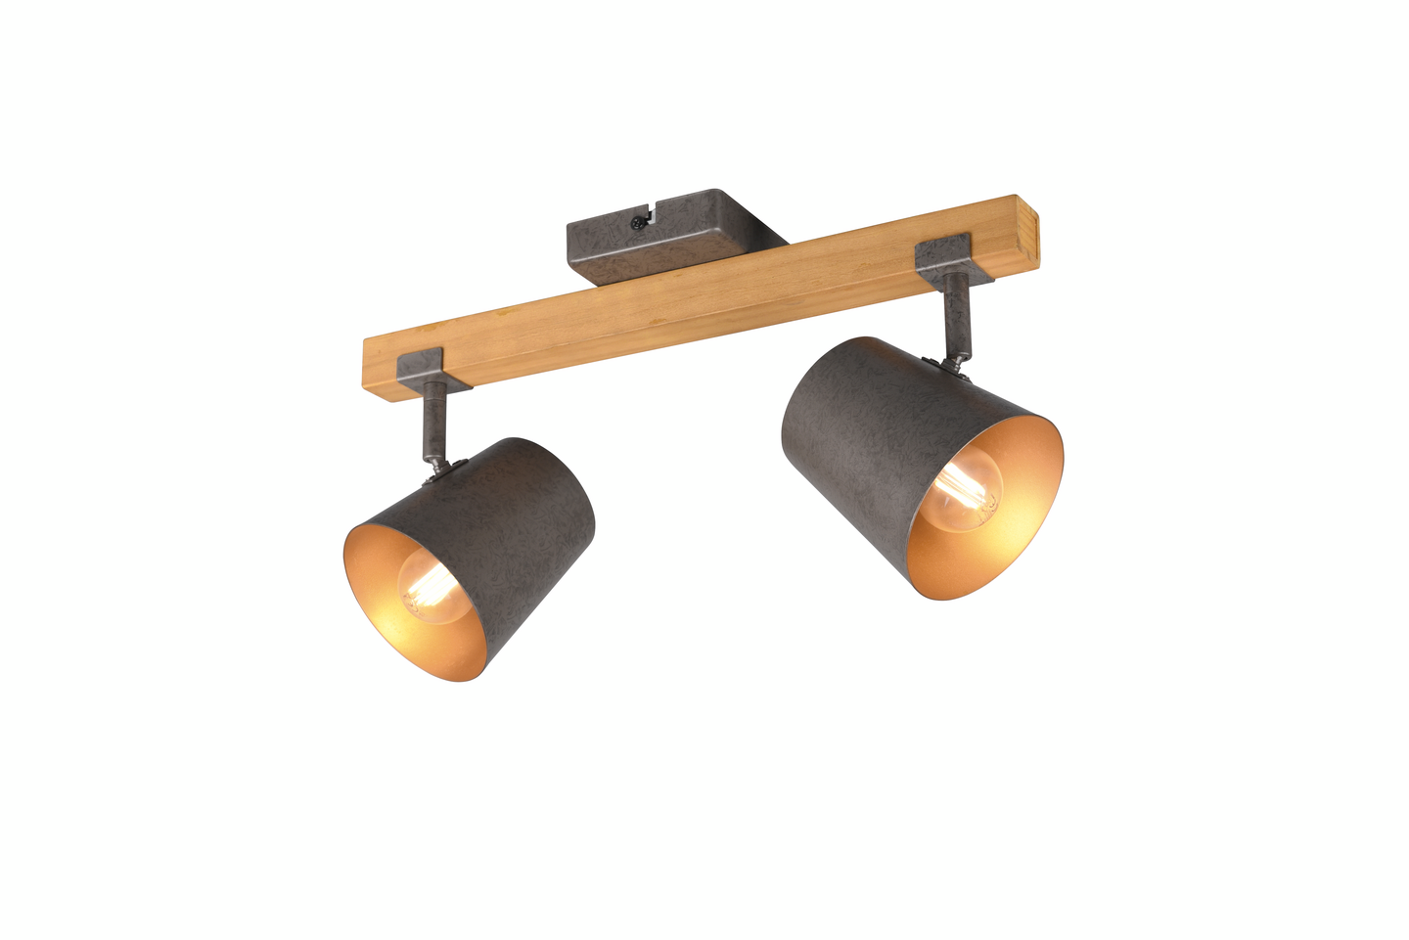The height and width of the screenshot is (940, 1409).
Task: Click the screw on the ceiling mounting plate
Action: (638, 223)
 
